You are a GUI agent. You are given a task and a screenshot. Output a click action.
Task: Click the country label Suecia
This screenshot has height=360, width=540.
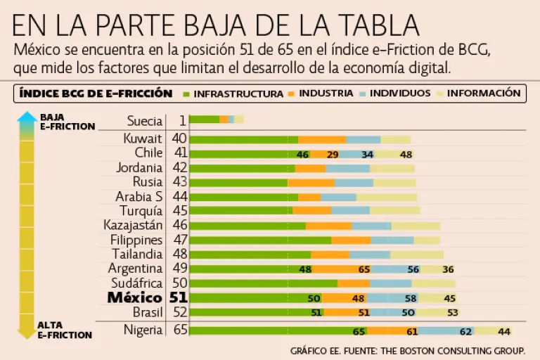(x=145, y=120)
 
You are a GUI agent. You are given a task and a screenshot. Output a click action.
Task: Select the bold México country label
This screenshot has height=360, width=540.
(x=134, y=298)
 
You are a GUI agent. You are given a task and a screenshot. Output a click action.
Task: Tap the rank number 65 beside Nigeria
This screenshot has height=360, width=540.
(x=179, y=330)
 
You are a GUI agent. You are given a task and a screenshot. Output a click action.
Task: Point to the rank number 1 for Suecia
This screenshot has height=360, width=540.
(x=182, y=120)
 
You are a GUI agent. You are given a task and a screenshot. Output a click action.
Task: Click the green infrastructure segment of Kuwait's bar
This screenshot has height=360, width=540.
(x=243, y=139)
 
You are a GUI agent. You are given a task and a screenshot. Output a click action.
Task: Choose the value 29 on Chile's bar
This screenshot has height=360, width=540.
(x=333, y=155)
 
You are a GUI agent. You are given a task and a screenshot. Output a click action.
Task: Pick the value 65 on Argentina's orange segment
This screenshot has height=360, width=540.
(x=364, y=269)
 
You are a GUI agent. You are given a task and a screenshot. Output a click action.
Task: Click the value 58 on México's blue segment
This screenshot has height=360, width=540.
(x=411, y=299)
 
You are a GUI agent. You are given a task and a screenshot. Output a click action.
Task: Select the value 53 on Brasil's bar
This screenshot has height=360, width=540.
(x=452, y=313)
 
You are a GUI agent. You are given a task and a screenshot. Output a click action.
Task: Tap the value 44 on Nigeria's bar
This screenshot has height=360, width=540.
(x=503, y=331)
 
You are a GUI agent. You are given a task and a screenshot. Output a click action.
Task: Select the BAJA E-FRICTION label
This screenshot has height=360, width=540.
(x=67, y=122)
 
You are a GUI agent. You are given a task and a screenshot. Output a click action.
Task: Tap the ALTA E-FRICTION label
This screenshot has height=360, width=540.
(x=65, y=330)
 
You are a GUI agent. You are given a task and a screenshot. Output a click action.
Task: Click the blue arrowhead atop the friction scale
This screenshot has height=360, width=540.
(x=27, y=117)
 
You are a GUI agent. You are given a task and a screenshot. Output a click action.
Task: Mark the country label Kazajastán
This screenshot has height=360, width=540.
(x=133, y=225)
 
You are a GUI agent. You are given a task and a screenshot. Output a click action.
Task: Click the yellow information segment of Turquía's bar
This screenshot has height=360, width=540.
(x=394, y=210)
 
